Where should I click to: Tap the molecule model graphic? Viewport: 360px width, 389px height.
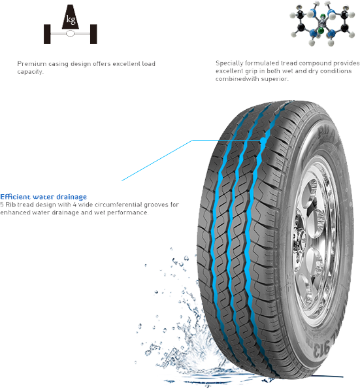click(323, 24)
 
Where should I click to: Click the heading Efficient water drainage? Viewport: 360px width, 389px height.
click(43, 197)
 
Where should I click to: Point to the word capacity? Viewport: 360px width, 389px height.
click(30, 72)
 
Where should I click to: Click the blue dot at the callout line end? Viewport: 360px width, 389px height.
click(263, 141)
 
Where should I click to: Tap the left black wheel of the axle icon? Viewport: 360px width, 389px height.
click(47, 34)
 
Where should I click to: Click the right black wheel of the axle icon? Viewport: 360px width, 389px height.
click(93, 34)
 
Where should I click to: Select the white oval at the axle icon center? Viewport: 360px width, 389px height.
click(71, 33)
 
